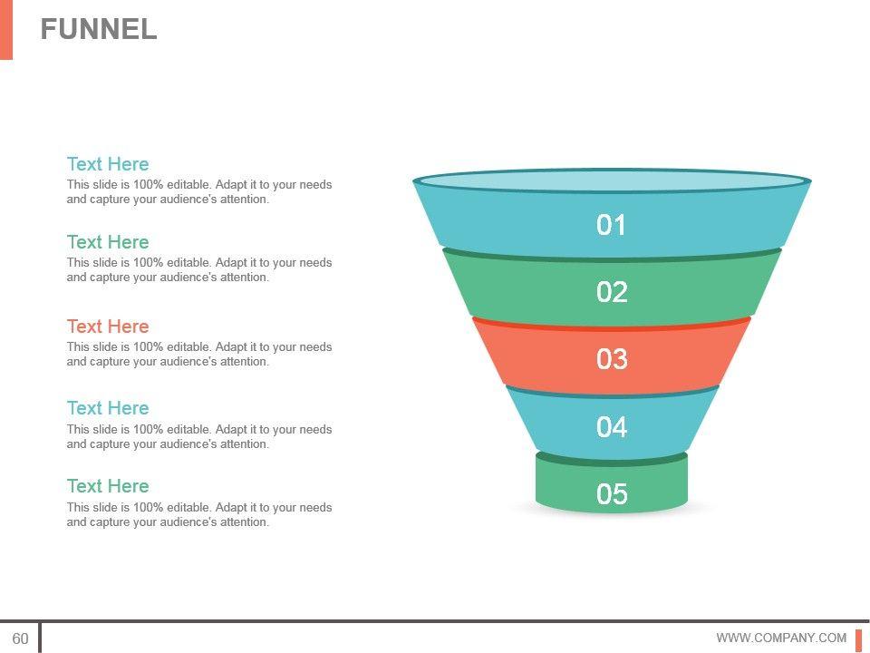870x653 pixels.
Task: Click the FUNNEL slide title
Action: click(99, 29)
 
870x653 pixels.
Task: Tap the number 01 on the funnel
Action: click(612, 225)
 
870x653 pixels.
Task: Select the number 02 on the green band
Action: click(612, 292)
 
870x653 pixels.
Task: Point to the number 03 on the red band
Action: click(612, 359)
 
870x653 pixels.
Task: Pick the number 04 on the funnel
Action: click(612, 426)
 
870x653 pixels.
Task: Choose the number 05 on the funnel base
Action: click(612, 494)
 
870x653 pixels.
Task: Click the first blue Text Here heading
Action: click(108, 164)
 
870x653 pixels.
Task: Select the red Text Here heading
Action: click(108, 326)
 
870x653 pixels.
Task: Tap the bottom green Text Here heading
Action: click(108, 486)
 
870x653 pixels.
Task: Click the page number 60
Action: click(20, 638)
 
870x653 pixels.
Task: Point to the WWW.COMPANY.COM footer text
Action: click(781, 638)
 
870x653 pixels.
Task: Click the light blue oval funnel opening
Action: click(612, 180)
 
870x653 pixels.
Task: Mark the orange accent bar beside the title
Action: click(5, 29)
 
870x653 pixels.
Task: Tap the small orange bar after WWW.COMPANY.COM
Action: click(858, 638)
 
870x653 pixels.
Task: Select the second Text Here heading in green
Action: click(108, 242)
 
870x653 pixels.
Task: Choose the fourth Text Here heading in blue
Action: click(108, 408)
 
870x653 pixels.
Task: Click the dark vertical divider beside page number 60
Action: click(40, 638)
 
